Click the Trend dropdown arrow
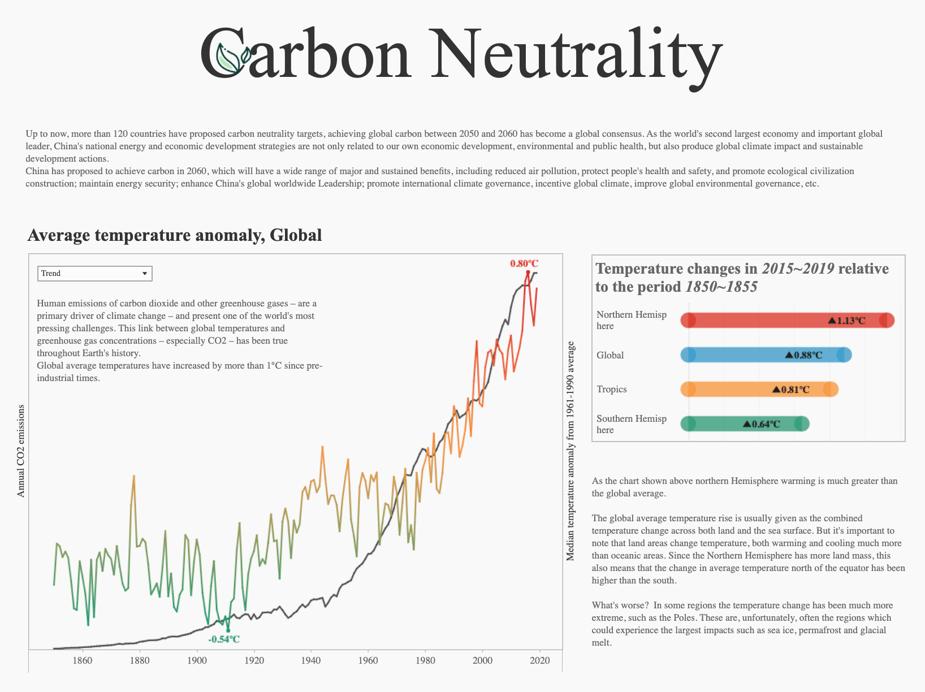[x=145, y=274]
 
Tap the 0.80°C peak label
[x=524, y=263]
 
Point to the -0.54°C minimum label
[x=224, y=639]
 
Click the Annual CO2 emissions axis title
[x=21, y=451]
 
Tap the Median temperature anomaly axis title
[x=570, y=451]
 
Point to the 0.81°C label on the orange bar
[x=791, y=390]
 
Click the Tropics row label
[x=612, y=389]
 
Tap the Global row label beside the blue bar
[x=610, y=355]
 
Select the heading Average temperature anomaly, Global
[x=174, y=235]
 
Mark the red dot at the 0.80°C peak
[x=528, y=273]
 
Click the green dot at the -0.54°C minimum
[x=228, y=630]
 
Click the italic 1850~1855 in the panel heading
[x=721, y=287]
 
